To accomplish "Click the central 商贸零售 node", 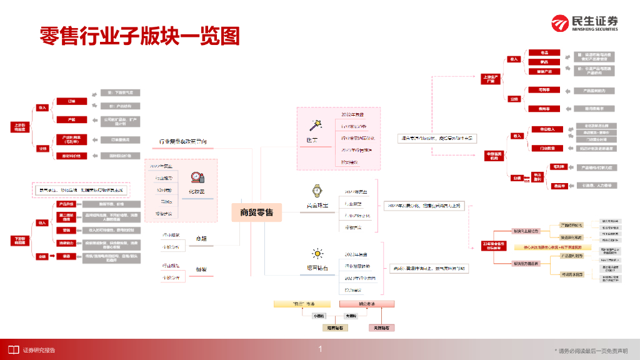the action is click(256, 212).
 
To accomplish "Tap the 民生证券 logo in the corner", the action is click(584, 24).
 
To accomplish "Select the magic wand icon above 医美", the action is click(316, 126).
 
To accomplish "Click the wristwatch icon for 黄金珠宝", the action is click(317, 189).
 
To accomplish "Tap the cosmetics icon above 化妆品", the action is click(198, 178).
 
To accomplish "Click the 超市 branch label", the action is click(201, 238).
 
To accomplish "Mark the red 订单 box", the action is click(64, 101).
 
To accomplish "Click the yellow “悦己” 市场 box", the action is click(306, 304).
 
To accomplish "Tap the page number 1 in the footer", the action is click(320, 349).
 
